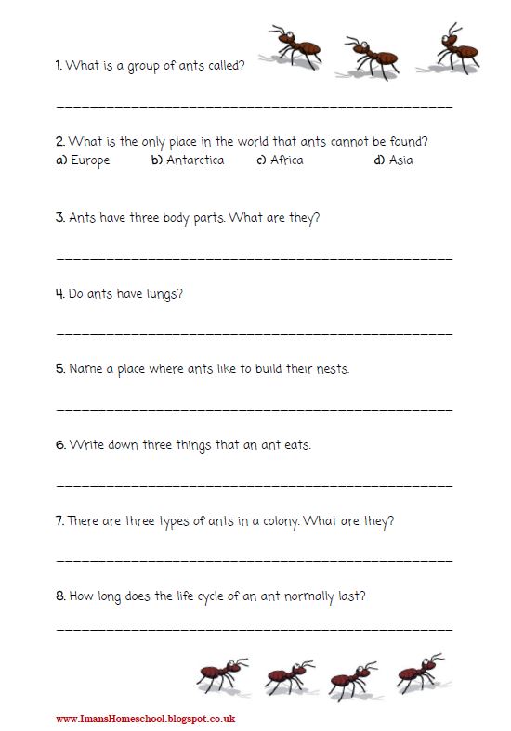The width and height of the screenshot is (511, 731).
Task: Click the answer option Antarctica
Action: (195, 160)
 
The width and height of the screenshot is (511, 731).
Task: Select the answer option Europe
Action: (90, 160)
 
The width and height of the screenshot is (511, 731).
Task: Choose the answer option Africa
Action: (287, 160)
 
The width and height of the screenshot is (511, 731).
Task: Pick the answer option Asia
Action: (400, 160)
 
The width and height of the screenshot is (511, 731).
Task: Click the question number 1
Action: (59, 66)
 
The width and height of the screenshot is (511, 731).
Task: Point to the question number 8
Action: (59, 596)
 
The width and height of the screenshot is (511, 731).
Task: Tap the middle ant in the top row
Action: (370, 56)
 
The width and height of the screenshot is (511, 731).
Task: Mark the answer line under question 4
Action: (255, 332)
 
